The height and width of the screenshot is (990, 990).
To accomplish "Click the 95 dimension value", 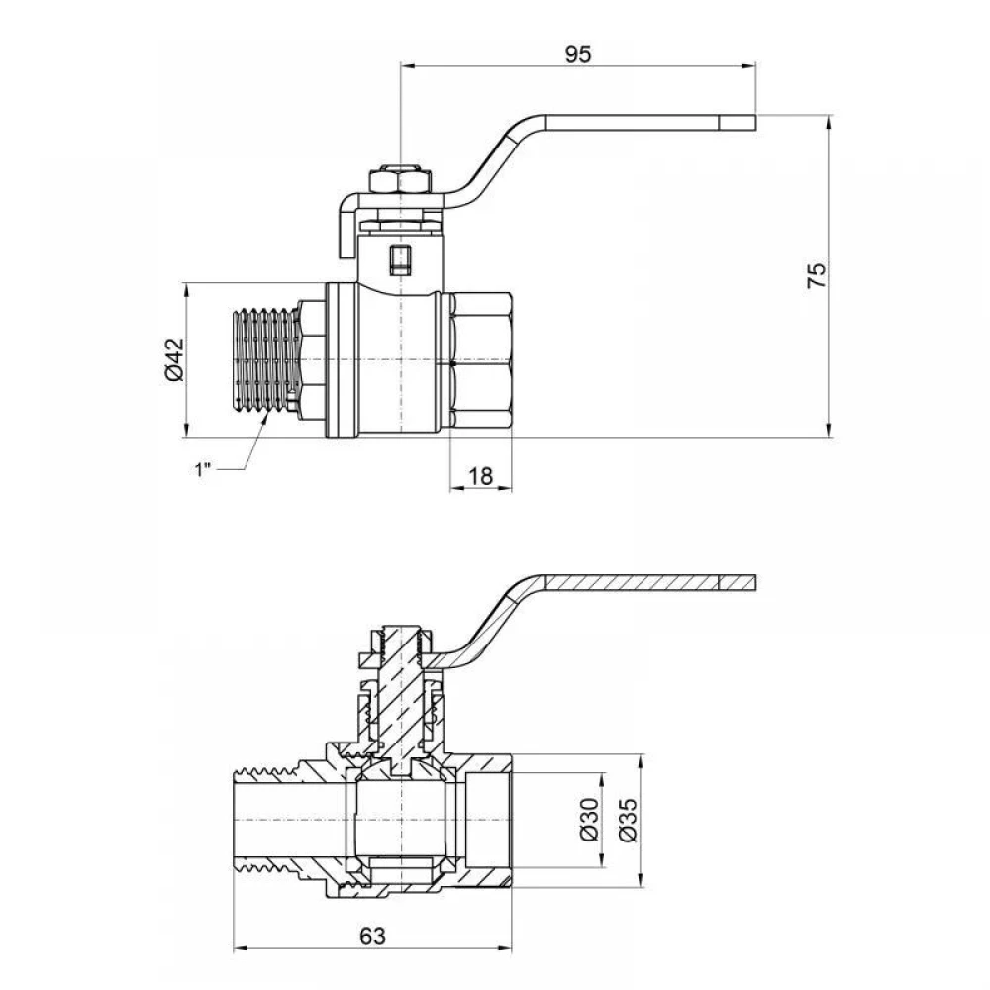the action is (x=578, y=54).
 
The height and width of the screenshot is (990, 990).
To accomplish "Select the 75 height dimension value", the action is (x=817, y=275).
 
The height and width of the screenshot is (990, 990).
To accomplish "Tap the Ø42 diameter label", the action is (x=174, y=360).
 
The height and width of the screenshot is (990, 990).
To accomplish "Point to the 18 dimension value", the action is (x=480, y=476).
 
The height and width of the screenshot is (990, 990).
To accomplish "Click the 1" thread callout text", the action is (x=202, y=469).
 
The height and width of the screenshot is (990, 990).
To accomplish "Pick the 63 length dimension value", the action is (x=372, y=937).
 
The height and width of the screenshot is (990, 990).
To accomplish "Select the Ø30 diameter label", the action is (x=588, y=820).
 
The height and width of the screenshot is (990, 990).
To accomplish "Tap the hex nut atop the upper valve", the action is (x=399, y=180).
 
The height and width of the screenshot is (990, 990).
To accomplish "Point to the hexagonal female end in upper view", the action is (x=481, y=360).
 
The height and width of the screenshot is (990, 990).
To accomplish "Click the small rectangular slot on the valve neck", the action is (x=399, y=259).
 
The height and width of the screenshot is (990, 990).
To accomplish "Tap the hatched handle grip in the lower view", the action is (x=650, y=582).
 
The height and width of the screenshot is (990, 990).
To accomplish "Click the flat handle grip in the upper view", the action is (x=650, y=123).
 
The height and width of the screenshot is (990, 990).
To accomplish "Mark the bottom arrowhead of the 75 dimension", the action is (x=829, y=430).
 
